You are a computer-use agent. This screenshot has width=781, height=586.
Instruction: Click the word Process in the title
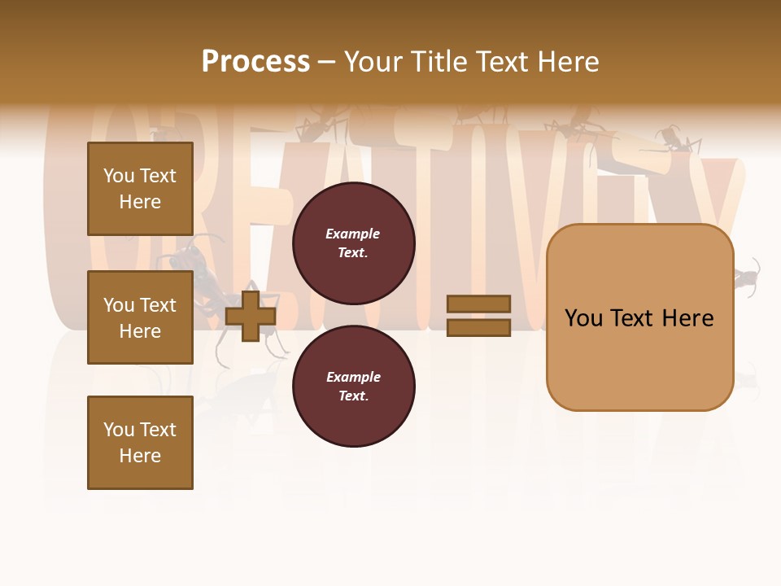[255, 62]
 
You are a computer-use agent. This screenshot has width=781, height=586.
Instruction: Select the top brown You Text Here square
[140, 189]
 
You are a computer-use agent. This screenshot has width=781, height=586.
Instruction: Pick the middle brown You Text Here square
[140, 317]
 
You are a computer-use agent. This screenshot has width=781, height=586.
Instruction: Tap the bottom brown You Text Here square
[140, 443]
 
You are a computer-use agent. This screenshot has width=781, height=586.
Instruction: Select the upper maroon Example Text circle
[353, 243]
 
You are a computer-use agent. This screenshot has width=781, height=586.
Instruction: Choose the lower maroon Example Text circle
[353, 387]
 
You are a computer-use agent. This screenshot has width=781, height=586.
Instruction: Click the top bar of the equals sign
[479, 304]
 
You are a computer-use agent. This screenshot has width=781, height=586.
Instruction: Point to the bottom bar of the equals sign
[479, 327]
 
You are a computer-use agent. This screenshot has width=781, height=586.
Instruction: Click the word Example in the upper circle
[353, 234]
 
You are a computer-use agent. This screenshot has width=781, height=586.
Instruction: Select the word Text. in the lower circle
[353, 396]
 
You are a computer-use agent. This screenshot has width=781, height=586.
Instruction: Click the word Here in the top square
[140, 202]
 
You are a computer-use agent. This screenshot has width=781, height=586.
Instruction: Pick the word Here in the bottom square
[140, 456]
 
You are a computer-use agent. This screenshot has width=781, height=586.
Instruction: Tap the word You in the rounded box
[583, 318]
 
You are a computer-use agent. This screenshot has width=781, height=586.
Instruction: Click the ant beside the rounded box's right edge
[748, 278]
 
